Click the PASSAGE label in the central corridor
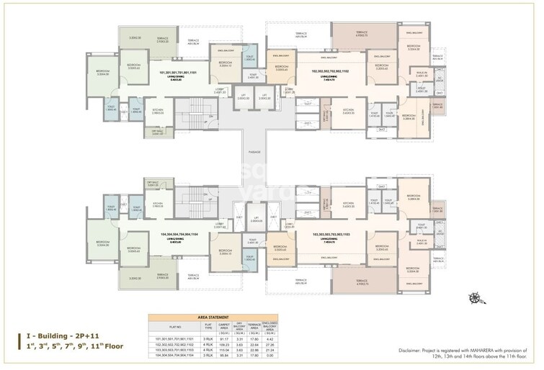[254, 153]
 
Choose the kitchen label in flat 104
[158, 204]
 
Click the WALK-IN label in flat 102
[422, 73]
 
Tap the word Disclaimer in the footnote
[411, 351]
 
